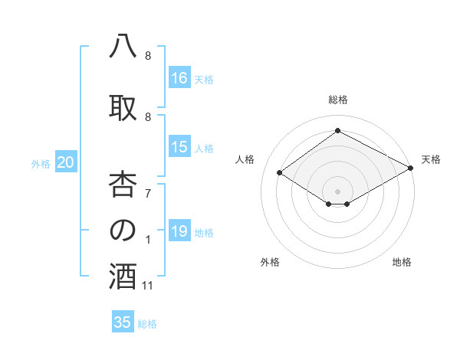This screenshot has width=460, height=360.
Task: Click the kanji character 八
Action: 123,47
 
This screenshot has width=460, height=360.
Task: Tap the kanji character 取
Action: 123,108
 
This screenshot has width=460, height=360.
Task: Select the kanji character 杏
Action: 123,183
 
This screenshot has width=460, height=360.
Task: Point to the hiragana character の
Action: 123,231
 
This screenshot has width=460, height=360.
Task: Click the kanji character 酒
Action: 123,277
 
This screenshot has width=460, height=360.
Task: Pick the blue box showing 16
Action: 179,78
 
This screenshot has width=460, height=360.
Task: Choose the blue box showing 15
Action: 179,147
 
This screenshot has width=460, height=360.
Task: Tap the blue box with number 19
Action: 179,231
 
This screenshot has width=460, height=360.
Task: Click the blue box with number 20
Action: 66,162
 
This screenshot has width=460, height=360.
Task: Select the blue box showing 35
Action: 123,322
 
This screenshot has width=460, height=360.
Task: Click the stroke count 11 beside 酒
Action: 149,286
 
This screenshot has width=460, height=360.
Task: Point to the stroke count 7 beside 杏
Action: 147,193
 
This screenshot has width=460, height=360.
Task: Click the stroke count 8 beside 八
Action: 147,57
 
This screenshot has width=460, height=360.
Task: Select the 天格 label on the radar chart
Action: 431,159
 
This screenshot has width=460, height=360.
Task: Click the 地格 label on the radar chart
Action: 402,262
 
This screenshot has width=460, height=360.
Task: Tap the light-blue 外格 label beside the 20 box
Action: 41,163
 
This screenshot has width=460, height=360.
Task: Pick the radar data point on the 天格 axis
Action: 411,169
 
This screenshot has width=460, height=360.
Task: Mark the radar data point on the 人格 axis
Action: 280,173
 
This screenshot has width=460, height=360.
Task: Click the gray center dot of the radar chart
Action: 337,190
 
